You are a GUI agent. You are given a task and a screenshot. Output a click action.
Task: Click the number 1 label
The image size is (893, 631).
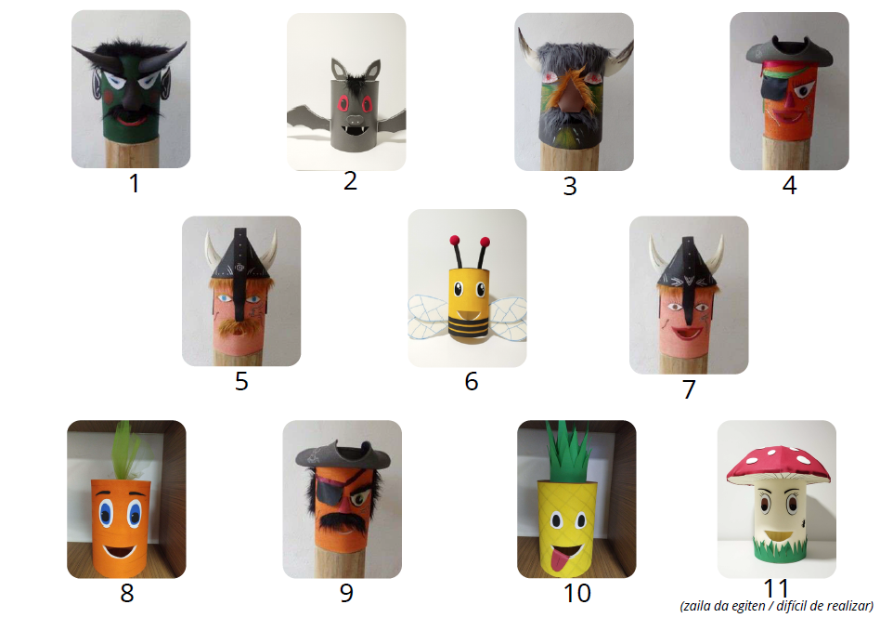click(135, 184)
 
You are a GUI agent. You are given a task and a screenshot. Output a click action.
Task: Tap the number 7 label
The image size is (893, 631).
click(689, 389)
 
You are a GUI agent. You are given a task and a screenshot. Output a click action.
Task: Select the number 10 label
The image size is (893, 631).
click(576, 593)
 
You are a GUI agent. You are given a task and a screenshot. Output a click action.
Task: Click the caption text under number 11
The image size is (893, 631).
click(776, 606)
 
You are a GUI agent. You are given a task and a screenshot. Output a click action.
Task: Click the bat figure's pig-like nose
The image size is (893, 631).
click(355, 120)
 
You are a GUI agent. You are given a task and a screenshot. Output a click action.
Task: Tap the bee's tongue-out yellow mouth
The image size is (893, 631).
click(468, 315)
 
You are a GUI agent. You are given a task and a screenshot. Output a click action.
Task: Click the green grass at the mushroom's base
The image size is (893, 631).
click(779, 549)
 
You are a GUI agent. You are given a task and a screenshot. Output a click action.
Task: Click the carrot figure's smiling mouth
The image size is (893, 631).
click(120, 551)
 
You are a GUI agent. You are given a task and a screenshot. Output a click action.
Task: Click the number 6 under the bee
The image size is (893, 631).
click(472, 381)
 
